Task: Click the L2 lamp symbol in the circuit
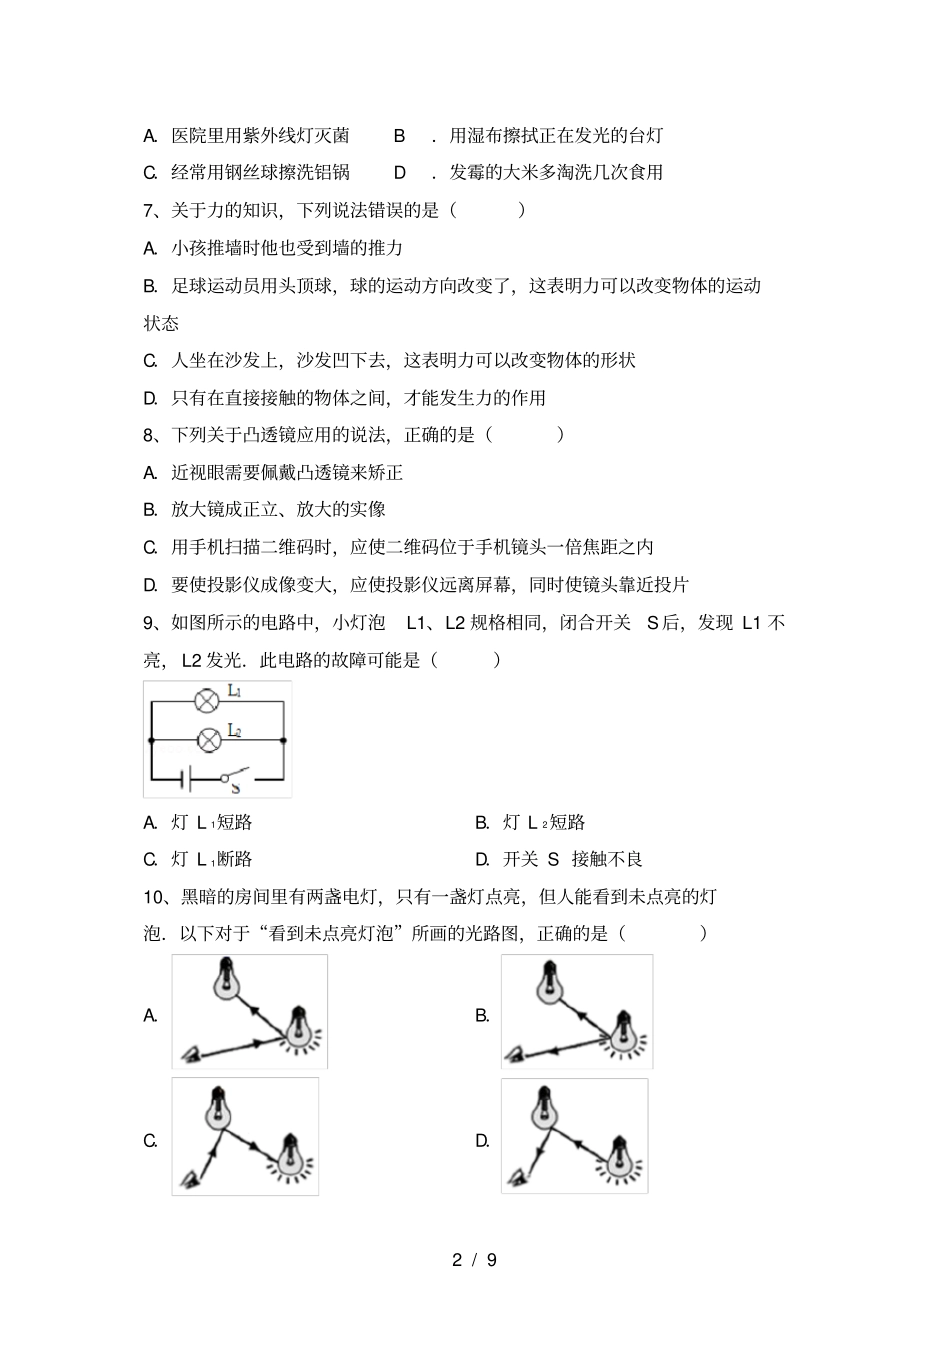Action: coord(208,740)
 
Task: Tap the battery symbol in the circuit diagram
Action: coord(184,777)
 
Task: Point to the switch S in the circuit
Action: coord(236,776)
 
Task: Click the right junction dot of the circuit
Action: coord(284,741)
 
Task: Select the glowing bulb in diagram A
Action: coord(297,1028)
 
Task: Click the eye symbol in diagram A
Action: coord(190,1053)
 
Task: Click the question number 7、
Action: coord(153,210)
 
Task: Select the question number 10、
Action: coord(158,896)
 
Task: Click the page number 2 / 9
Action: coord(474,1260)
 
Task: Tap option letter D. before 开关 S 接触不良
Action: coord(482,859)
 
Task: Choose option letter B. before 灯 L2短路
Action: coord(482,823)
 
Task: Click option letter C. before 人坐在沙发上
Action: coord(151,360)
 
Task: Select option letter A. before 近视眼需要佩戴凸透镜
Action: coord(151,472)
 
